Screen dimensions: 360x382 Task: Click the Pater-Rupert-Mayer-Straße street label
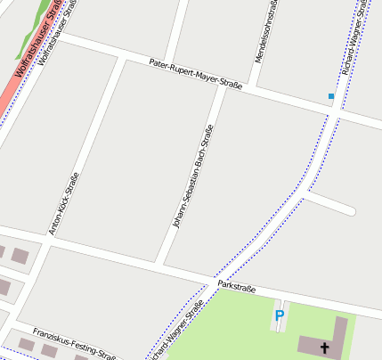point(195,75)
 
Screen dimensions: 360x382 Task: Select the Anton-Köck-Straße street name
point(63,203)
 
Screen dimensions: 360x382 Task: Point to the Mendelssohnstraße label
point(265,32)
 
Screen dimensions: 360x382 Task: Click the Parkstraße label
point(237,288)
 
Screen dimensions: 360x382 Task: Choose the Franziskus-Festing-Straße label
point(75,343)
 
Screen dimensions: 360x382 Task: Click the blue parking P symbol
point(279,315)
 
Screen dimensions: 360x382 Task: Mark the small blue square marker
point(331,95)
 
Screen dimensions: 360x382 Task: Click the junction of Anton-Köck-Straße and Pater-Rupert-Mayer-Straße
point(119,57)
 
